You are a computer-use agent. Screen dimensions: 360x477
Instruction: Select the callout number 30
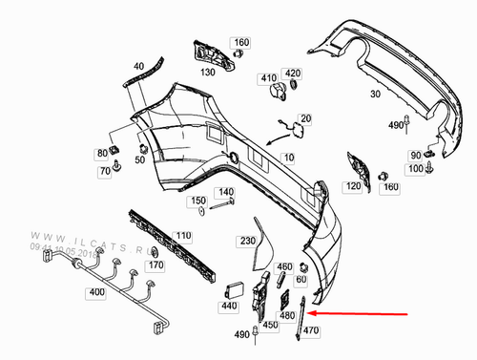coord(375,95)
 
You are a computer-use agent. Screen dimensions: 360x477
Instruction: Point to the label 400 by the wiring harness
coord(96,291)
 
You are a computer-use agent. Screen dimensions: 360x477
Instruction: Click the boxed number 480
coord(285,315)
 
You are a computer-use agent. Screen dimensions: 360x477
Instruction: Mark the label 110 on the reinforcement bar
coord(183,235)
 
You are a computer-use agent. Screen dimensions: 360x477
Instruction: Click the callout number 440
coord(227,307)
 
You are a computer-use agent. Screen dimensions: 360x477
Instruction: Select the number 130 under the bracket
coord(207,73)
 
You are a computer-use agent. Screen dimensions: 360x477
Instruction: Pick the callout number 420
coord(293,74)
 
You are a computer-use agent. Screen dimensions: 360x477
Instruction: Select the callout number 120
coord(353,186)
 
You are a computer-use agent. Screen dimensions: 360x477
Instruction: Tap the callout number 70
coord(104,171)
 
